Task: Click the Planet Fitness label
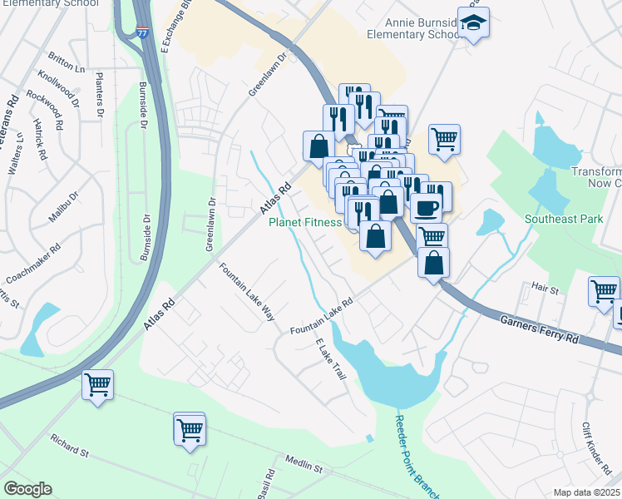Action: click(x=304, y=222)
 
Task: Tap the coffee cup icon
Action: click(x=426, y=207)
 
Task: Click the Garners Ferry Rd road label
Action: click(x=538, y=329)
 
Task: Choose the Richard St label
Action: click(x=69, y=445)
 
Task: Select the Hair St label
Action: click(x=545, y=286)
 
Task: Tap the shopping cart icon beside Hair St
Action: click(x=604, y=291)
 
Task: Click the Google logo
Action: click(x=27, y=489)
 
